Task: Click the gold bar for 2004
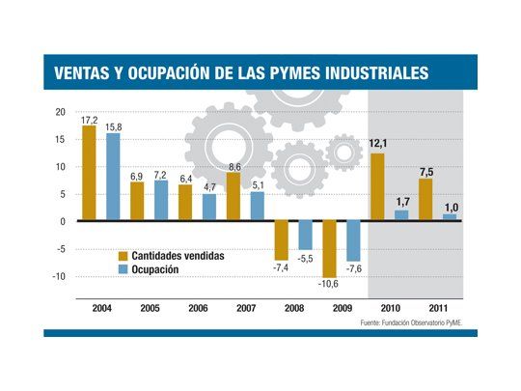tap(89, 174)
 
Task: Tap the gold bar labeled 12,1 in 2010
tap(378, 187)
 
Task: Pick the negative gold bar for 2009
tap(330, 249)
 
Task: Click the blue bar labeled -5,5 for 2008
tap(306, 235)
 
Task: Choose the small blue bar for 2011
tap(450, 217)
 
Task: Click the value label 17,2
tap(89, 118)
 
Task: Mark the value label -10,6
tap(330, 284)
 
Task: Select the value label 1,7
tap(402, 203)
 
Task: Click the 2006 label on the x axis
tap(198, 309)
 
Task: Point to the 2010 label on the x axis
tap(391, 309)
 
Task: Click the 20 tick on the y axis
tap(60, 112)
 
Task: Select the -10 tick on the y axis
tap(58, 276)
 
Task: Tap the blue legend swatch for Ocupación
tap(123, 269)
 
